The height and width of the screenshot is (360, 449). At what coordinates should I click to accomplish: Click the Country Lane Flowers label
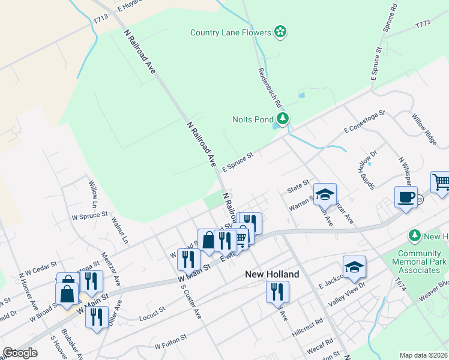[231, 32]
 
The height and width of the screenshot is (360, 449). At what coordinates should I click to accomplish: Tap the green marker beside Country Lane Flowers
[280, 32]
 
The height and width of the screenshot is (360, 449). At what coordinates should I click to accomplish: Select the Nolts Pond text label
[253, 119]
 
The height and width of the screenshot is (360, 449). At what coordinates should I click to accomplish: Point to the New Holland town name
[272, 274]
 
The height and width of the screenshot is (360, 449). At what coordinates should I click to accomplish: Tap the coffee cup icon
[406, 197]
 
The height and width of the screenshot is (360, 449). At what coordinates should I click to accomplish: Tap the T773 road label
[423, 25]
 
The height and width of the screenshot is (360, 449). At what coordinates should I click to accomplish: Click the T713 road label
[100, 20]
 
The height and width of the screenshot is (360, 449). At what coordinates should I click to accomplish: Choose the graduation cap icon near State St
[324, 194]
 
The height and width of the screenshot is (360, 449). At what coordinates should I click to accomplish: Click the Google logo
[20, 353]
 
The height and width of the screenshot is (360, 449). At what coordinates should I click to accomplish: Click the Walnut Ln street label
[120, 230]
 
